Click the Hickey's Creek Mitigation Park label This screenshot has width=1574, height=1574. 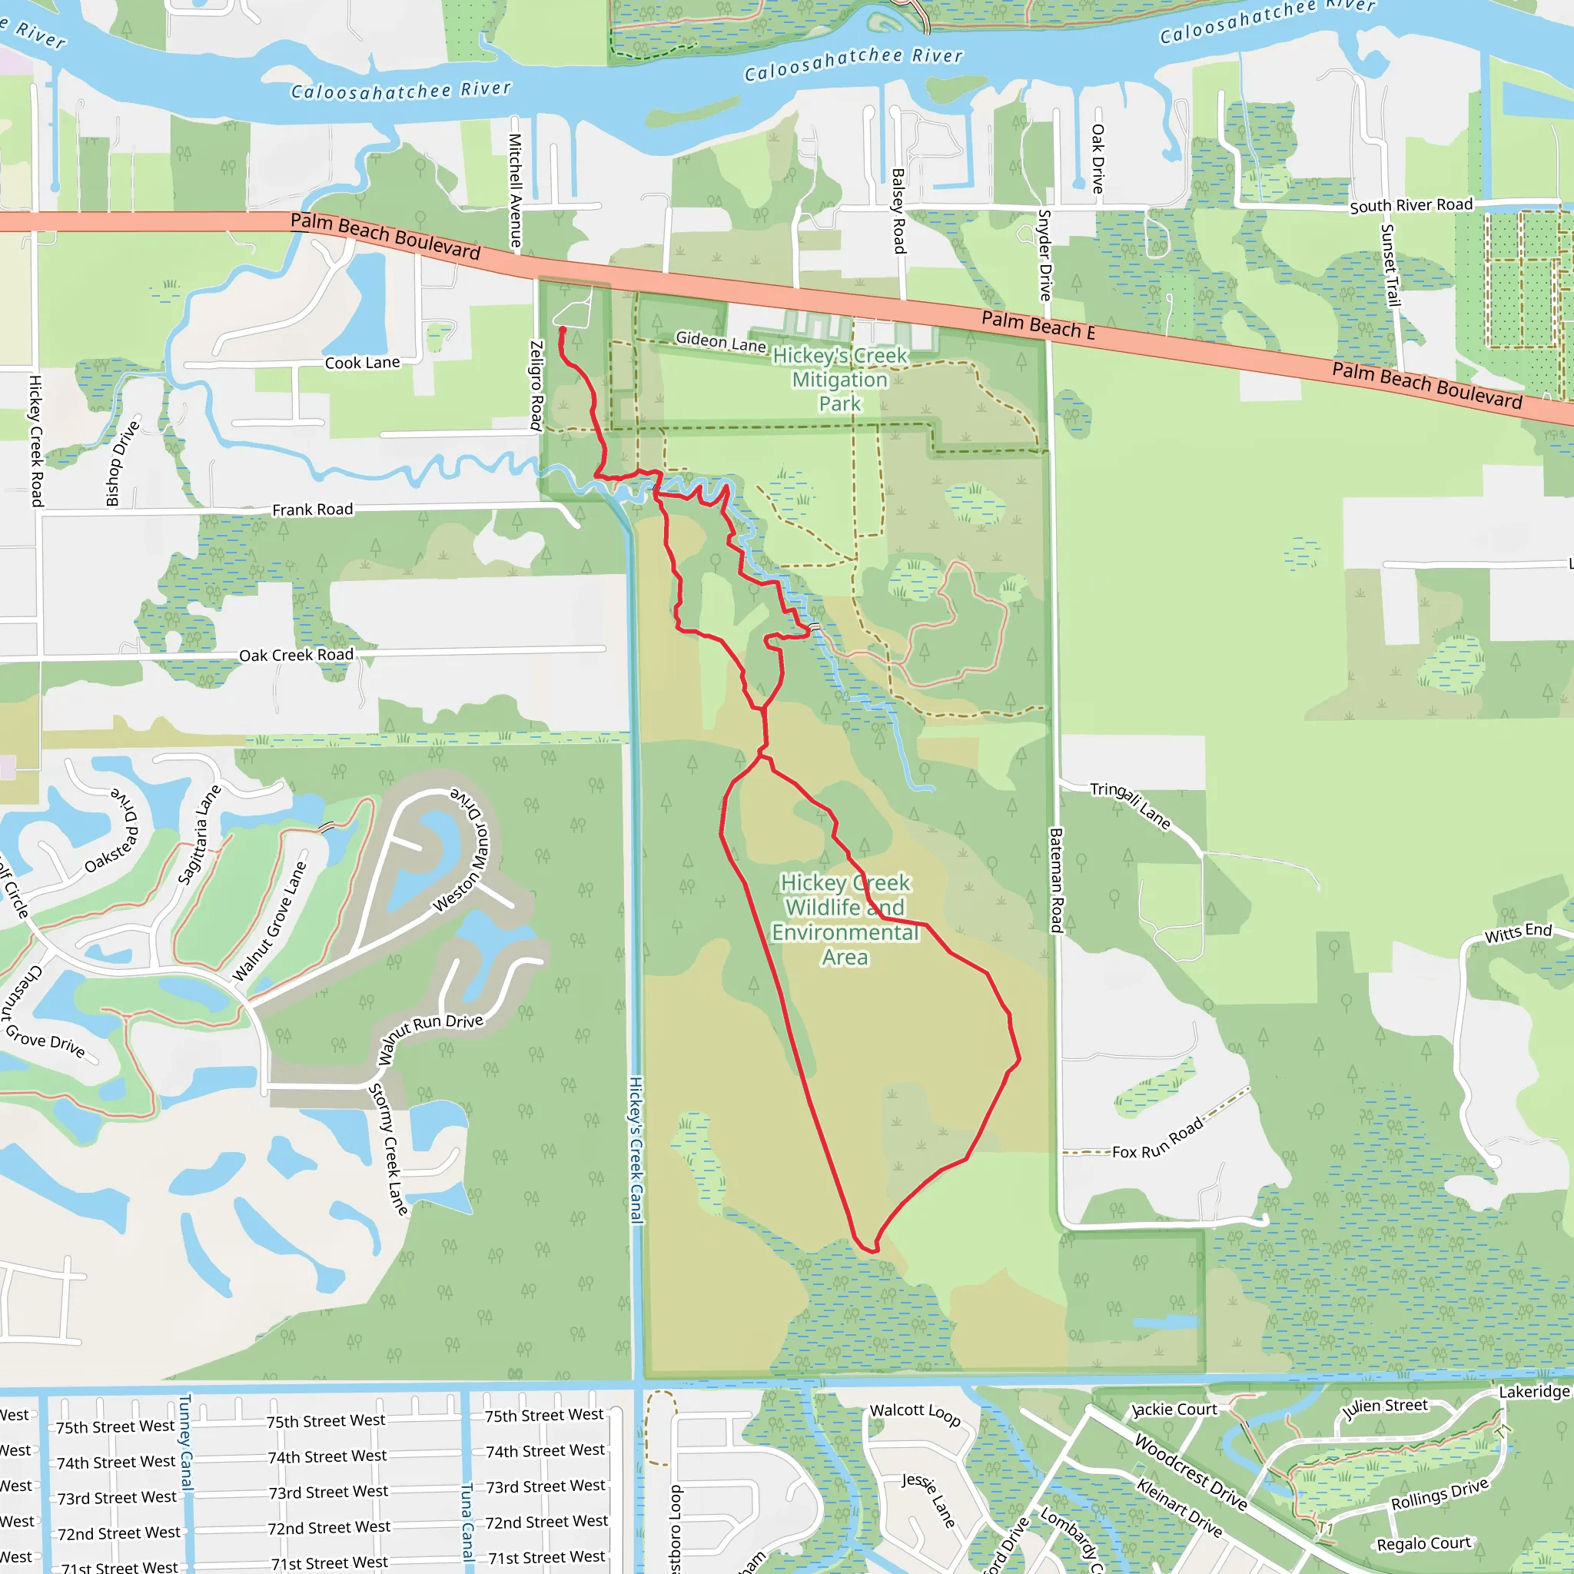tap(839, 380)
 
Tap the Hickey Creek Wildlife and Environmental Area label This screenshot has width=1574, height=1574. tap(845, 920)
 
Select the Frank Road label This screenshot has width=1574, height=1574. tap(312, 510)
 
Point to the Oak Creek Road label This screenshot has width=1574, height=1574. tap(296, 655)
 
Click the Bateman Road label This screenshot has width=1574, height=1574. tap(1056, 880)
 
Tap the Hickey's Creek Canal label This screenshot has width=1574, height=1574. tap(636, 1150)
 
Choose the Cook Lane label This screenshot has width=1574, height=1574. tap(362, 363)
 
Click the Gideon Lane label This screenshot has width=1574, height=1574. tap(720, 341)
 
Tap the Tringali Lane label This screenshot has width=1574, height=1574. tap(1131, 805)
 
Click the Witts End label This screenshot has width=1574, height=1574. tap(1518, 933)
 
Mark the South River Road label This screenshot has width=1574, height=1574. tap(1411, 205)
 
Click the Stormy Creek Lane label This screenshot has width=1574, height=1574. tap(389, 1150)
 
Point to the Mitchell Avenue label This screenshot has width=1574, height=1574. tap(515, 191)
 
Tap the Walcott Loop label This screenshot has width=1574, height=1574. tap(915, 1413)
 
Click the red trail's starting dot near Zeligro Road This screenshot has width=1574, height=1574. tap(562, 330)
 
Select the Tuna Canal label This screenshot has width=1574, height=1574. tap(467, 1522)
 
